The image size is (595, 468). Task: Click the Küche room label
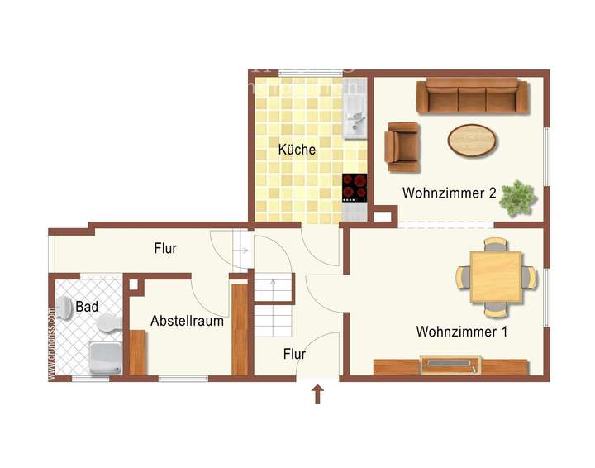coord(296,150)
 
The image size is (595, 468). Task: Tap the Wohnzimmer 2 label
coord(450,193)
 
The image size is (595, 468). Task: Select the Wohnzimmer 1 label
coord(462,332)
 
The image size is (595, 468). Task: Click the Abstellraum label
coord(187,321)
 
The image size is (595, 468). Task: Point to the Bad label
coord(87,307)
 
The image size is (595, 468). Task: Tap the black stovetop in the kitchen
coord(355,187)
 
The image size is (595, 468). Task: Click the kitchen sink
coord(355,116)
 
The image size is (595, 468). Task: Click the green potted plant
coord(519,198)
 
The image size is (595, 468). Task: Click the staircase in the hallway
coord(273,306)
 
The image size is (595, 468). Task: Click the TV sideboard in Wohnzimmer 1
coord(450,365)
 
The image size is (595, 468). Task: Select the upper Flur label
coord(165,247)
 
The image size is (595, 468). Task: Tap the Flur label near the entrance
coord(294,354)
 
